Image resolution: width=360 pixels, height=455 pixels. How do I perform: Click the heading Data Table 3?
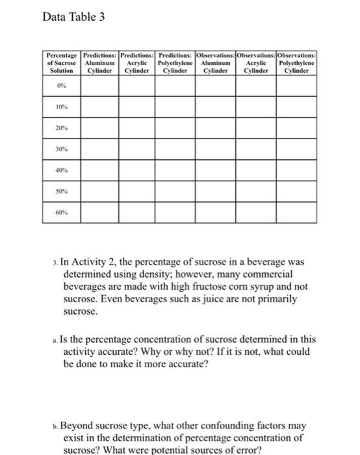pos(72,16)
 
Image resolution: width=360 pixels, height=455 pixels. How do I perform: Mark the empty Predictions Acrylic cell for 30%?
pos(136,153)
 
